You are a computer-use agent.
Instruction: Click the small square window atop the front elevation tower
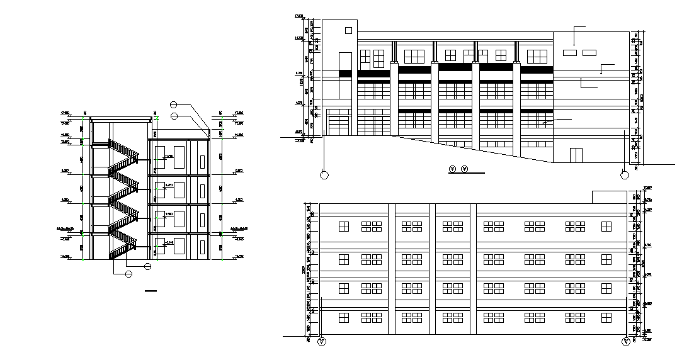pyautogui.click(x=348, y=29)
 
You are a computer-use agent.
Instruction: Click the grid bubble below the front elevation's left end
pyautogui.click(x=324, y=175)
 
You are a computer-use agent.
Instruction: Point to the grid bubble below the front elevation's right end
pyautogui.click(x=624, y=175)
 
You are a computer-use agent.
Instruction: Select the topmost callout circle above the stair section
pyautogui.click(x=174, y=105)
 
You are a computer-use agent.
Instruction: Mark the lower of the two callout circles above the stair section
pyautogui.click(x=174, y=115)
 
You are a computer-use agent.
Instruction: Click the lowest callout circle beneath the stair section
pyautogui.click(x=129, y=273)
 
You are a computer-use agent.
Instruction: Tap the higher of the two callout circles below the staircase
pyautogui.click(x=147, y=266)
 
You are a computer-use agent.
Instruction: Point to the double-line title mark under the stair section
pyautogui.click(x=150, y=291)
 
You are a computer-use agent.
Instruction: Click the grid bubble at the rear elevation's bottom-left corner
pyautogui.click(x=322, y=342)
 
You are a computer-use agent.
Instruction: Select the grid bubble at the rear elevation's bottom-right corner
pyautogui.click(x=626, y=342)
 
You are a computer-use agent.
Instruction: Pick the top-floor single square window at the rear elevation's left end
pyautogui.click(x=344, y=226)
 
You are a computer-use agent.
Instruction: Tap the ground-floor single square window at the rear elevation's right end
pyautogui.click(x=606, y=318)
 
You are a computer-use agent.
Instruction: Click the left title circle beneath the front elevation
pyautogui.click(x=452, y=169)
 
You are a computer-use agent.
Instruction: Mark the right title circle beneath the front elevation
pyautogui.click(x=465, y=169)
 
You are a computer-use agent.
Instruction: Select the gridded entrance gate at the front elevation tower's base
pyautogui.click(x=339, y=125)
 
